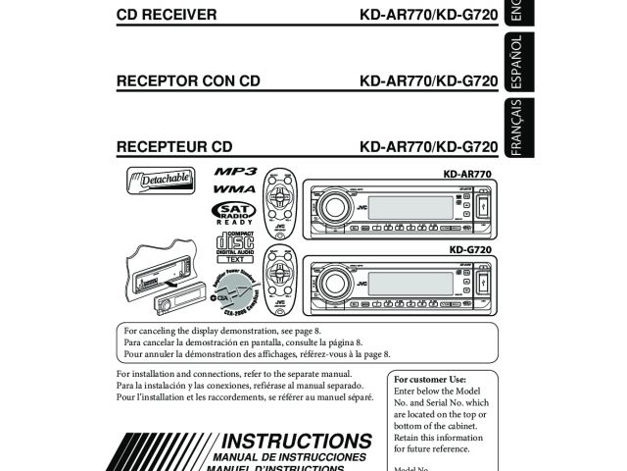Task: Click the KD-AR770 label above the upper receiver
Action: point(468,174)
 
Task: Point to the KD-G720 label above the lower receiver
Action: point(470,250)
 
